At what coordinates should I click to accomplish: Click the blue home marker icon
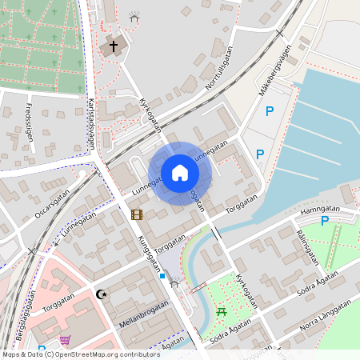[x=180, y=173]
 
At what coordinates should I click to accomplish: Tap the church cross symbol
[x=113, y=46]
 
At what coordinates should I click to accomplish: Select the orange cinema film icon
[x=137, y=214]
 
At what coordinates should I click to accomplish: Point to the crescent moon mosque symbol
[x=102, y=294]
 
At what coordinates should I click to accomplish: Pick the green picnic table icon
[x=222, y=310]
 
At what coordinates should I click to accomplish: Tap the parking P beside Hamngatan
[x=324, y=221]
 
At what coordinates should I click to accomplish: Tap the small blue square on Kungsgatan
[x=162, y=276]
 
